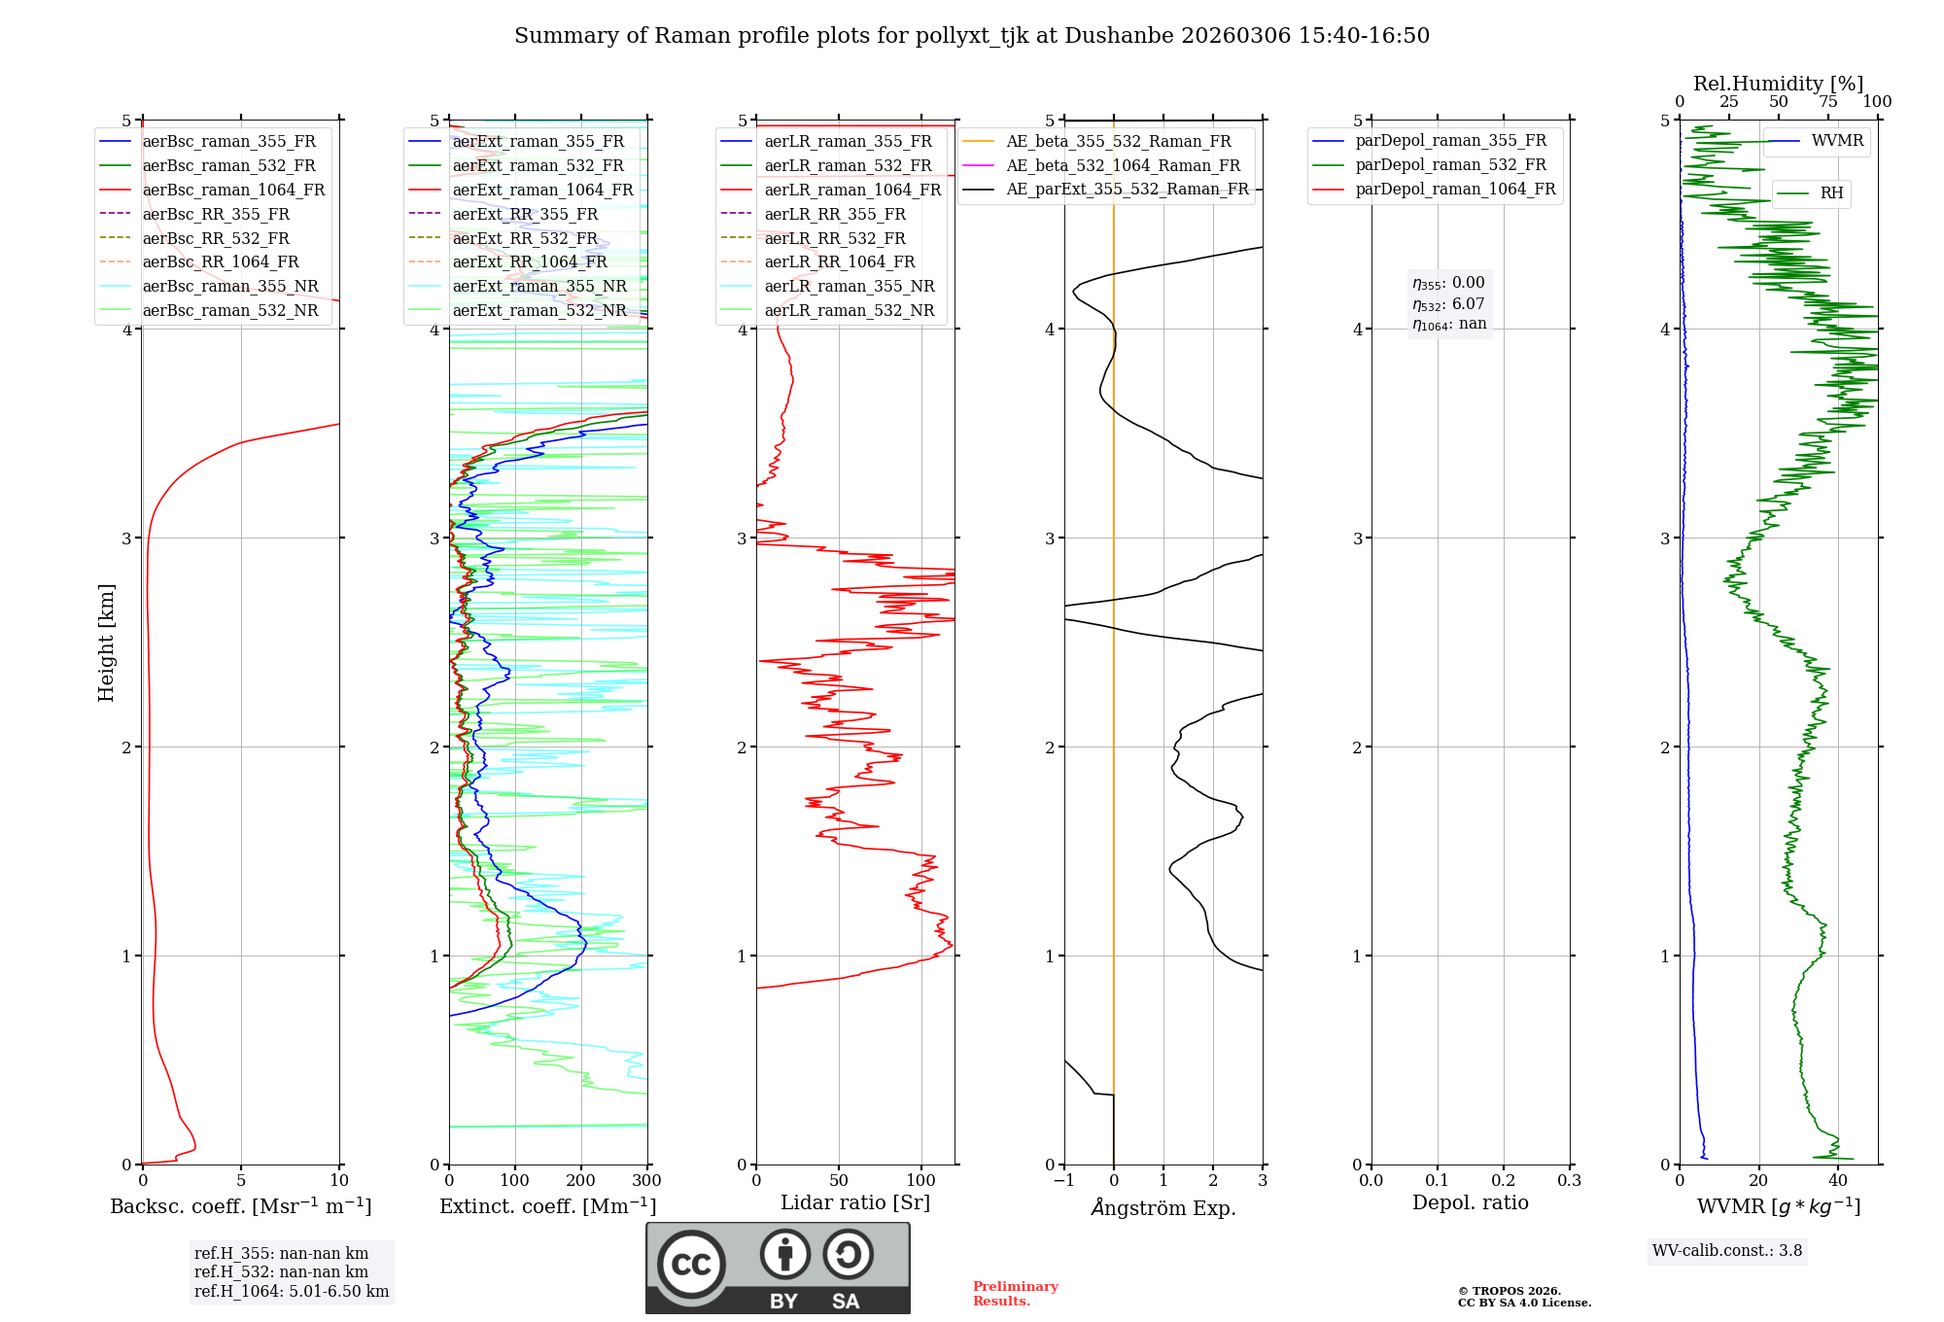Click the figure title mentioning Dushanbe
tap(972, 36)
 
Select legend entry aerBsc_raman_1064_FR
tap(233, 190)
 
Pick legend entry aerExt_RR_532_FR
tap(525, 238)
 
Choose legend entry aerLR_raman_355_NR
tap(849, 286)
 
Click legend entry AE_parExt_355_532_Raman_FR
tap(1127, 189)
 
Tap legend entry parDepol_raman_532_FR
tap(1450, 164)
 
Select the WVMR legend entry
tap(1837, 141)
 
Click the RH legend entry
tap(1831, 193)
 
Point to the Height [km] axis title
tap(106, 643)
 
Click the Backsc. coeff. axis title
tap(241, 1206)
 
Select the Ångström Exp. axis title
tap(1163, 1208)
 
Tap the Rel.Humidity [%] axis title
tap(1778, 84)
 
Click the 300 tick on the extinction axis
tap(646, 1181)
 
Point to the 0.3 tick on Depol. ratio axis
tap(1569, 1181)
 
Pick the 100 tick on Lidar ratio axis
tap(921, 1181)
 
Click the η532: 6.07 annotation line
tap(1448, 304)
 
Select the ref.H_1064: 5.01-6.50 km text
tap(292, 1292)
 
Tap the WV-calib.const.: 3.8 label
tap(1727, 1251)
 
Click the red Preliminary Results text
tap(1015, 1294)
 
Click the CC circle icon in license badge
tap(691, 1265)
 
